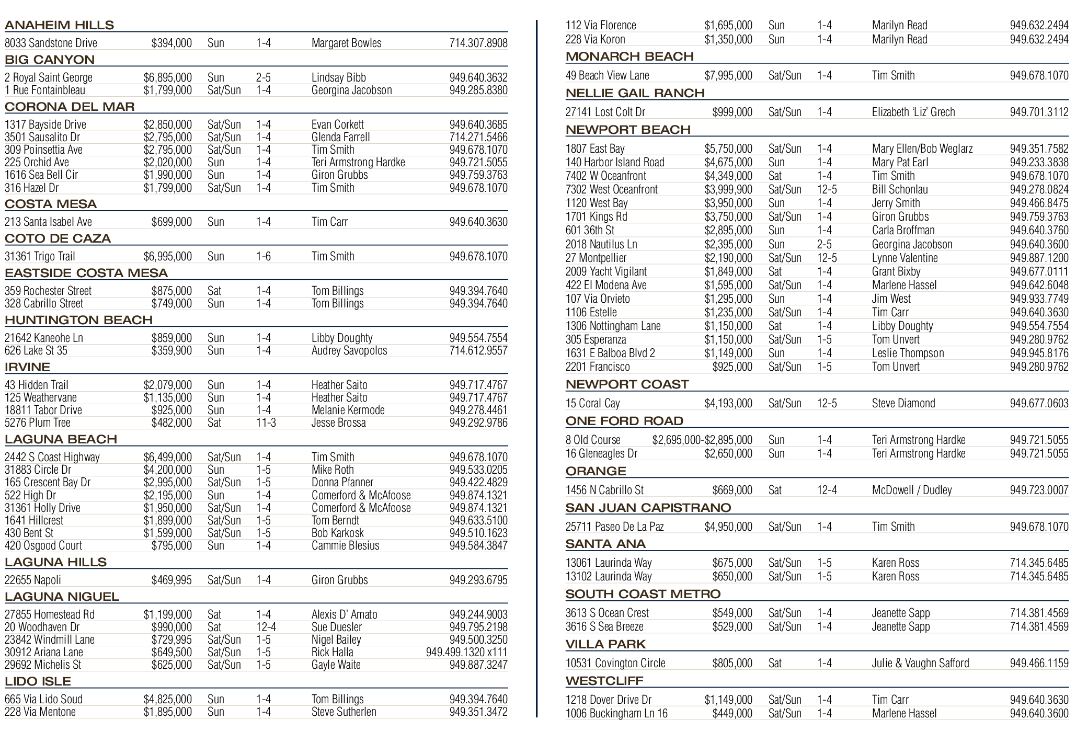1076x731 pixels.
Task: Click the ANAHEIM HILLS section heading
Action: (x=59, y=25)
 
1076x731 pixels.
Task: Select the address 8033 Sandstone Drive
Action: (x=51, y=43)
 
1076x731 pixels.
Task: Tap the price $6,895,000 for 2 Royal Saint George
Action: (x=168, y=77)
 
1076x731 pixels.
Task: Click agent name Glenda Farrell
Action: (x=340, y=137)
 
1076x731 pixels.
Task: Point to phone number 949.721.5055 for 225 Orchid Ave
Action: (x=478, y=162)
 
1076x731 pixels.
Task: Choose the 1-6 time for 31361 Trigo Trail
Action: (x=264, y=256)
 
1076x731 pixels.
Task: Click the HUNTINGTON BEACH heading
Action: (x=78, y=320)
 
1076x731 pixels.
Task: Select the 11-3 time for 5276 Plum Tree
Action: (x=266, y=422)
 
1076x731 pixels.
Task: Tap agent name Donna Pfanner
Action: (x=342, y=482)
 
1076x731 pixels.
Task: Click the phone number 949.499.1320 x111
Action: (x=466, y=652)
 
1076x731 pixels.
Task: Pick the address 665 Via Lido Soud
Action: (x=43, y=699)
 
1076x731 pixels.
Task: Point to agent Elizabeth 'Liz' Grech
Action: (x=913, y=112)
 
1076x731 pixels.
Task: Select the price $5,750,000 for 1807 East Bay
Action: (x=728, y=149)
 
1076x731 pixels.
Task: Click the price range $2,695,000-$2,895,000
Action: (x=702, y=440)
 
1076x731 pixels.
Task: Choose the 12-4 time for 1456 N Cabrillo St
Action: (x=827, y=490)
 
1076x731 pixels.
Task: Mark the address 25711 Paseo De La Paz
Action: (x=614, y=527)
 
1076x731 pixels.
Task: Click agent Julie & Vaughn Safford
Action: (x=920, y=663)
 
